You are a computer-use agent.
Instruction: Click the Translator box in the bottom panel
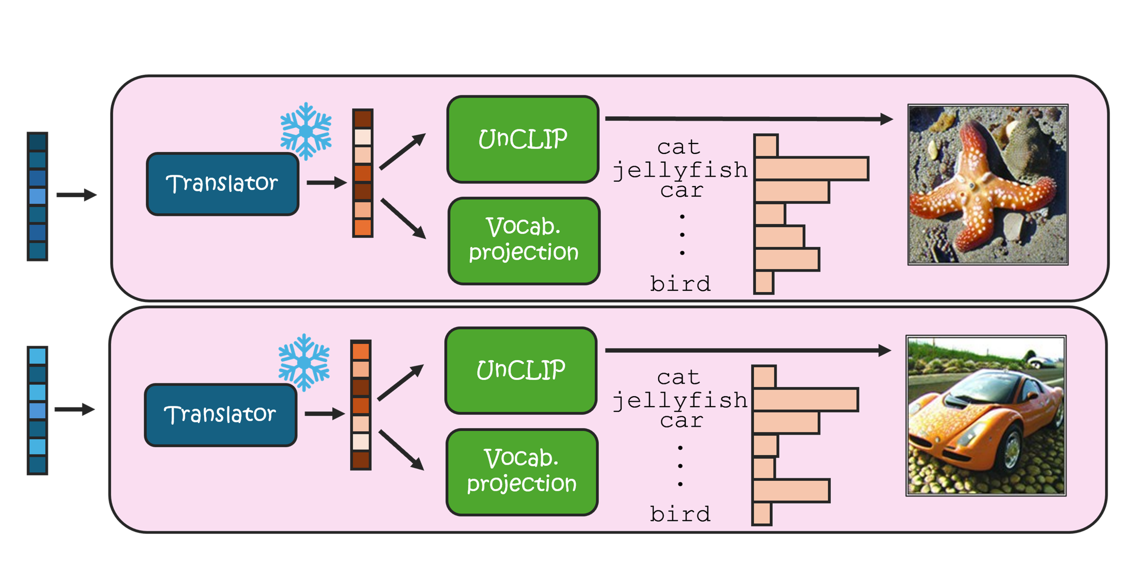(x=221, y=415)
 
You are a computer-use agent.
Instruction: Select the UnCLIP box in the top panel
(x=523, y=139)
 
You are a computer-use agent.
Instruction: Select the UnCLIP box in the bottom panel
(x=521, y=370)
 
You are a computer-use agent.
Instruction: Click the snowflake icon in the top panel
(x=306, y=131)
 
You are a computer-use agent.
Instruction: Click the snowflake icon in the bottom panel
(x=304, y=362)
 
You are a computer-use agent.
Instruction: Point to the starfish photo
(x=988, y=184)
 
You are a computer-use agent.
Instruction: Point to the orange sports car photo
(x=986, y=415)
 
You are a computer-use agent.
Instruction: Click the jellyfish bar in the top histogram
(x=811, y=169)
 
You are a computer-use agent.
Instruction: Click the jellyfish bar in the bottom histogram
(x=805, y=400)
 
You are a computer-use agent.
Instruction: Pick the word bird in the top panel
(x=680, y=284)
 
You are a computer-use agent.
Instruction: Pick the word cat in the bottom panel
(x=679, y=377)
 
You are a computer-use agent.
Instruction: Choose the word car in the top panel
(x=681, y=190)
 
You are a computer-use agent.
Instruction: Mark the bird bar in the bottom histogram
(x=762, y=514)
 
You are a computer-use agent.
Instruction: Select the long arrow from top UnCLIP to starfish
(x=747, y=119)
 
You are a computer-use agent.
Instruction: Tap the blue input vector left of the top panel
(x=38, y=196)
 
